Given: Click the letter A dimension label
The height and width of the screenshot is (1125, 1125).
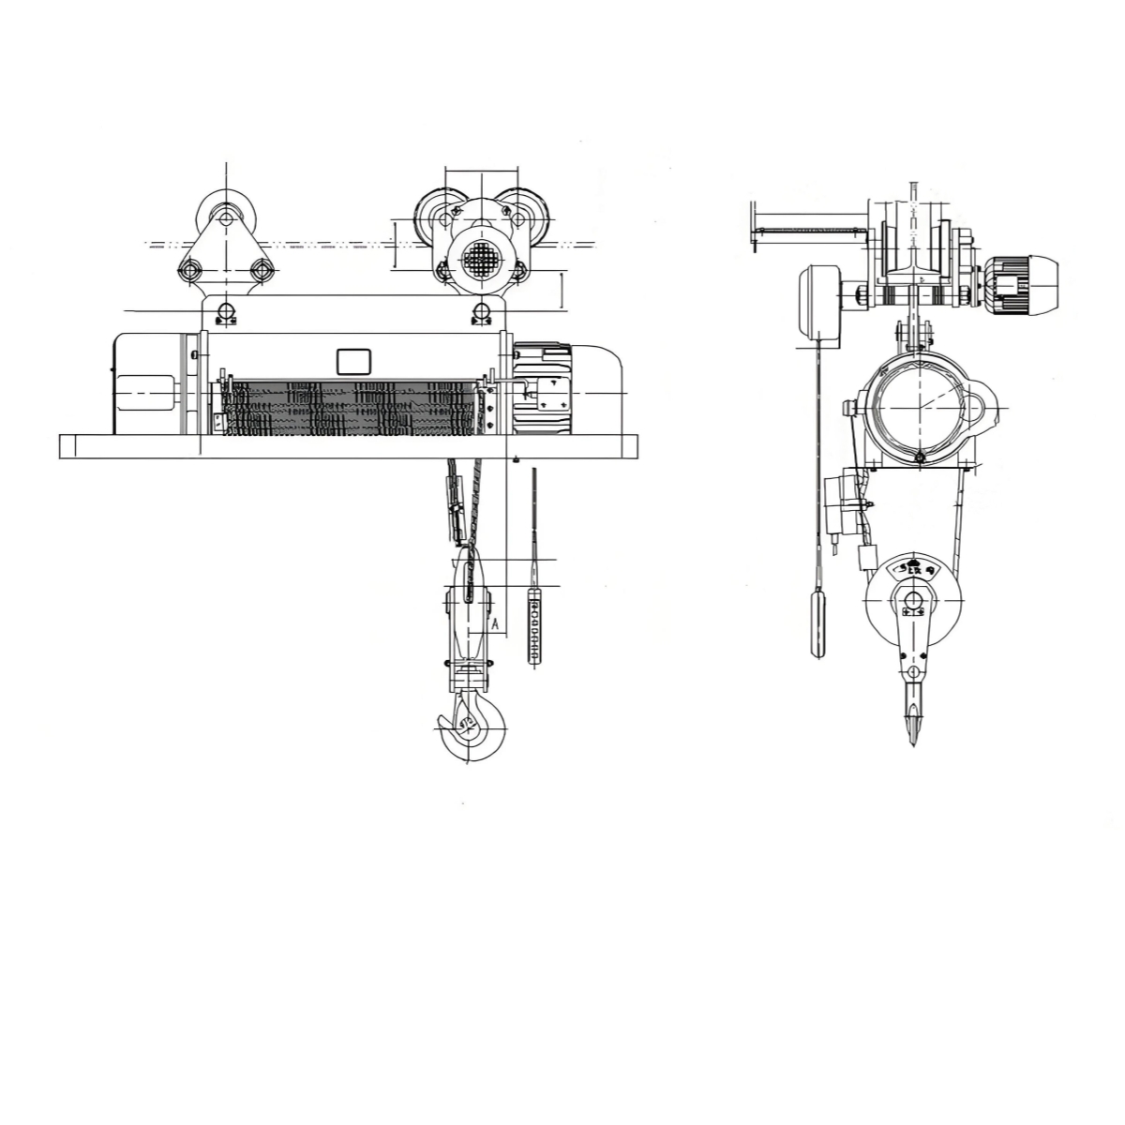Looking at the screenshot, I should [495, 621].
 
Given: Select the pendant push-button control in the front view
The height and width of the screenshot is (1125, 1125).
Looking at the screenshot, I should [534, 624].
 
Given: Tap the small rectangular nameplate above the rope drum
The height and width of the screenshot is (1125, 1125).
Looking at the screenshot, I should [353, 360].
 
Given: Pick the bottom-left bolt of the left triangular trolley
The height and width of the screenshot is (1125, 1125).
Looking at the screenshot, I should [189, 272].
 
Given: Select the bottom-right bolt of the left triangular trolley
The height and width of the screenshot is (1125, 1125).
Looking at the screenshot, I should [261, 272].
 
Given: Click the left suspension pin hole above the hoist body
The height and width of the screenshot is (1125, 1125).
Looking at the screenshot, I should [225, 312].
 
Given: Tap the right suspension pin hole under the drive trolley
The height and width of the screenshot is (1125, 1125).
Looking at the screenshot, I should [482, 312].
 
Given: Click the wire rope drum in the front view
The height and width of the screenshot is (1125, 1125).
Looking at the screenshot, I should [356, 408].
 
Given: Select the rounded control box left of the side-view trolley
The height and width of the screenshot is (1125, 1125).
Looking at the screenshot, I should [818, 304].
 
